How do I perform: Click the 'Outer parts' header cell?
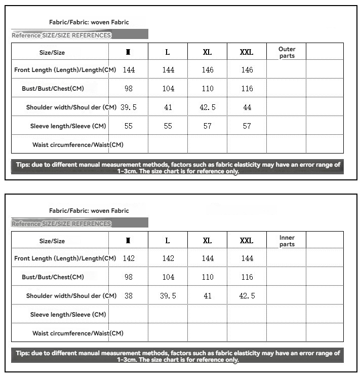tap(287, 52)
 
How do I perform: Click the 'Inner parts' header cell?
tap(287, 241)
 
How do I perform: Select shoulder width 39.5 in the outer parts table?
tap(129, 107)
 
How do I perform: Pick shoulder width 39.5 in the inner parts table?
tap(168, 296)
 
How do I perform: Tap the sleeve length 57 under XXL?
tap(247, 126)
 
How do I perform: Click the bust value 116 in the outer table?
tap(247, 89)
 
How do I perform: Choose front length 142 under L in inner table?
tap(168, 258)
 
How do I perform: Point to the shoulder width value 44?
tap(247, 107)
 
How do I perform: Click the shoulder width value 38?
tap(129, 296)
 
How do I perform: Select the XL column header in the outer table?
tap(207, 52)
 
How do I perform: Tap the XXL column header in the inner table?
tap(247, 241)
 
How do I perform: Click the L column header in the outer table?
tap(168, 52)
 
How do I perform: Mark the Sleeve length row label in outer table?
tap(68, 126)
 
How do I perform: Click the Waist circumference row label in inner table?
tap(77, 333)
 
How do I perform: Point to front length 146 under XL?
tap(208, 70)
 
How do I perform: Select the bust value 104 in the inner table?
tap(168, 277)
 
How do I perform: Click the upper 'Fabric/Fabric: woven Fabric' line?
tap(89, 22)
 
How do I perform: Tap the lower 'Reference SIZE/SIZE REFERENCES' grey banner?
tap(79, 223)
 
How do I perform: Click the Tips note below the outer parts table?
tap(178, 168)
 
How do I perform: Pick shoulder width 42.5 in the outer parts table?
tap(208, 107)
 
